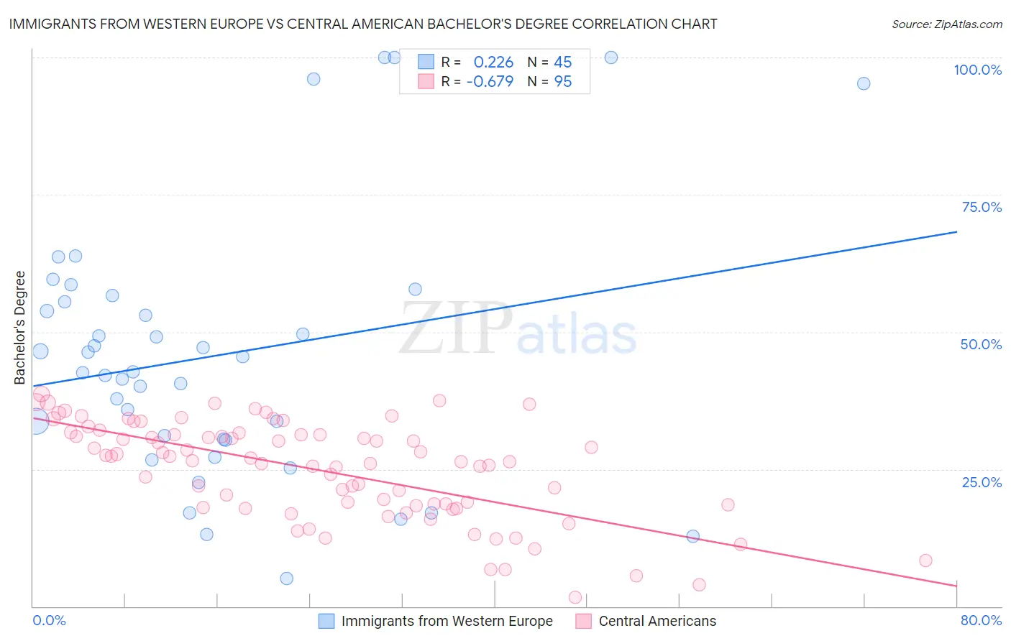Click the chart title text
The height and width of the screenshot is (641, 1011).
(x=363, y=24)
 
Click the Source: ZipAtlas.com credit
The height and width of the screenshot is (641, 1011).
(x=946, y=24)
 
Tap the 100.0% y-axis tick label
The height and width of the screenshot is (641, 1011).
(x=977, y=70)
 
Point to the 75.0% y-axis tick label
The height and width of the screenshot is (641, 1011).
(x=982, y=207)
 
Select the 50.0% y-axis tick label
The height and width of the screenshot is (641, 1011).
(x=981, y=344)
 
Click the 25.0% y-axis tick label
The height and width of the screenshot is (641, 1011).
(x=982, y=481)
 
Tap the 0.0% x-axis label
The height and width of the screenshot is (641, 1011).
(x=49, y=620)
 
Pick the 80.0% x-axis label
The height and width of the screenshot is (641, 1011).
(x=981, y=620)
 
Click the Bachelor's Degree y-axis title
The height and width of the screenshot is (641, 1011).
(x=20, y=328)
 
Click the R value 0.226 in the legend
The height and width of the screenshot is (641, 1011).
(x=493, y=63)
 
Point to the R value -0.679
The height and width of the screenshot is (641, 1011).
(x=490, y=82)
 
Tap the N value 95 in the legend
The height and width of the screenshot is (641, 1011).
(x=563, y=82)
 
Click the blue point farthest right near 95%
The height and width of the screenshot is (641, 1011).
(x=864, y=83)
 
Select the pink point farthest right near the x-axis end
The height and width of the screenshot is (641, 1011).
(x=925, y=561)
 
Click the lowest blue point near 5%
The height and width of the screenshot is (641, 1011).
(x=286, y=578)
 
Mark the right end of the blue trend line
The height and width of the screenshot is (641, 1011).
(x=956, y=232)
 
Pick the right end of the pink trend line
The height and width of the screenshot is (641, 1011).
(x=956, y=586)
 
